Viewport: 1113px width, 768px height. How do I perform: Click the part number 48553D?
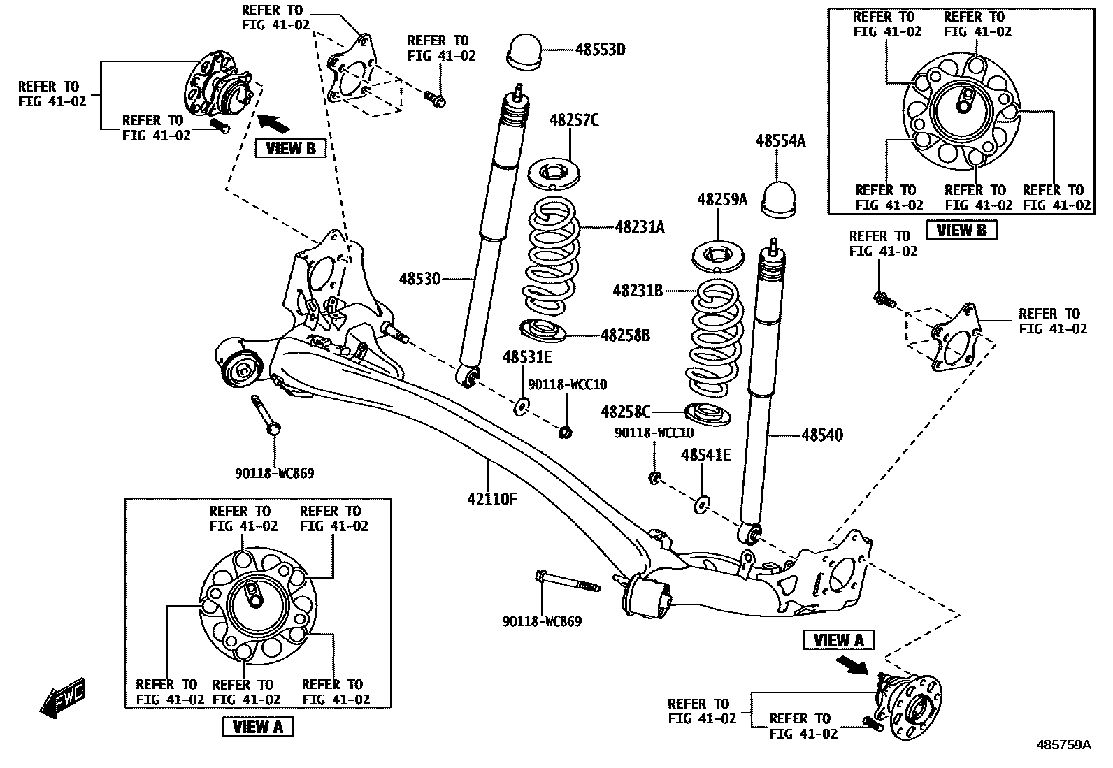point(600,50)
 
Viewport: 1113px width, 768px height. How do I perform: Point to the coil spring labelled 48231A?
point(553,256)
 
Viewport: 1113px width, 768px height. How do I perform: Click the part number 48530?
point(420,279)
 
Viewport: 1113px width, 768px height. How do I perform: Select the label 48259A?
point(721,200)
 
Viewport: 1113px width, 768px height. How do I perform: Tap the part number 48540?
point(822,435)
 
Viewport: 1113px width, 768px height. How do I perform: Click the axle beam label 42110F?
point(492,499)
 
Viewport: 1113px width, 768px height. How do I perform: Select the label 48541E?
point(706,456)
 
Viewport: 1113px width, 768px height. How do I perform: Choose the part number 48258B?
point(625,336)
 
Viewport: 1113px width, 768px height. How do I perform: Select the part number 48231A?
point(640,226)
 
